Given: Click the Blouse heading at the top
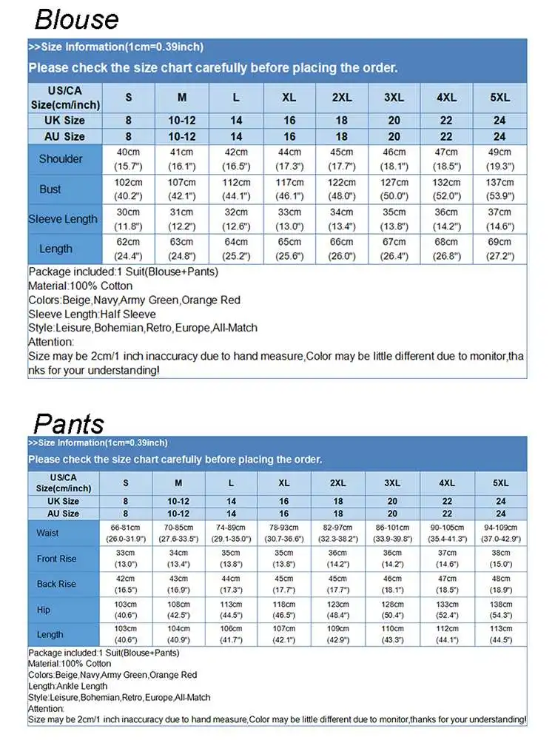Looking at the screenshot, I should click(76, 18).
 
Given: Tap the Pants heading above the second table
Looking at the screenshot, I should click(69, 423).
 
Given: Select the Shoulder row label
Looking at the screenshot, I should click(61, 159).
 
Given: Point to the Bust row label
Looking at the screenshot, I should click(50, 189).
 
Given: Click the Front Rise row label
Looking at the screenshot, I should click(56, 559).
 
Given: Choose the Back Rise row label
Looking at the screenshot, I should click(56, 584).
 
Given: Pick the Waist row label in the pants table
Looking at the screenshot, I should click(47, 533).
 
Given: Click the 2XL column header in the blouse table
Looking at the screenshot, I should click(341, 98).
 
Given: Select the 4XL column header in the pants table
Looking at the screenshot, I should click(447, 482).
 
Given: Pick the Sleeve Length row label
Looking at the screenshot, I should click(63, 219).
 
